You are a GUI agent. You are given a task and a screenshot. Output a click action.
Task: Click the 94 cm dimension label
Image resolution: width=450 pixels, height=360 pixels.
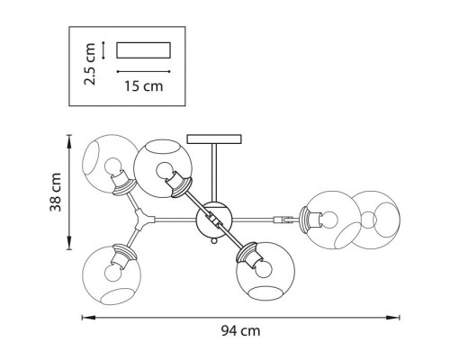coord(240,331)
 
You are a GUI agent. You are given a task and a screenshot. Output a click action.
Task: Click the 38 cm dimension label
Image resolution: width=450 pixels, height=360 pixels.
coord(56,192)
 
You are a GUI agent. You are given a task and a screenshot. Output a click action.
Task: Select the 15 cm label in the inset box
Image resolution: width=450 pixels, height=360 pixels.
coord(144,86)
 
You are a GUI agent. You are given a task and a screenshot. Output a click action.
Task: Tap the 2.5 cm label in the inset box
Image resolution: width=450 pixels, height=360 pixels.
coord(90,64)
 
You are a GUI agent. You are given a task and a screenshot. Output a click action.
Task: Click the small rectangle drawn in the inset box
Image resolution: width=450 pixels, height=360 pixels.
coord(143,49)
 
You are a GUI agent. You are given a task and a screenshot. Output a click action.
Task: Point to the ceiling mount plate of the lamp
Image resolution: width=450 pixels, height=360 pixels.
coord(214,139)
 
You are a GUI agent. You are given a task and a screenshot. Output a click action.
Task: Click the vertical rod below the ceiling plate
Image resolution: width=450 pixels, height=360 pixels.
coord(214,173)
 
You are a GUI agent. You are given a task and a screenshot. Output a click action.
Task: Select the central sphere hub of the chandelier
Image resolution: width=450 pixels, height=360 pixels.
coord(214,220)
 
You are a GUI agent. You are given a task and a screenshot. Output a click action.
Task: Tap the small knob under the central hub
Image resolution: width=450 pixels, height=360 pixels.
coord(214,240)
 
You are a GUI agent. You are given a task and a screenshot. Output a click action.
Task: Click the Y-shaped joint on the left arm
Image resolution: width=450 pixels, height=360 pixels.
coord(143,220)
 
